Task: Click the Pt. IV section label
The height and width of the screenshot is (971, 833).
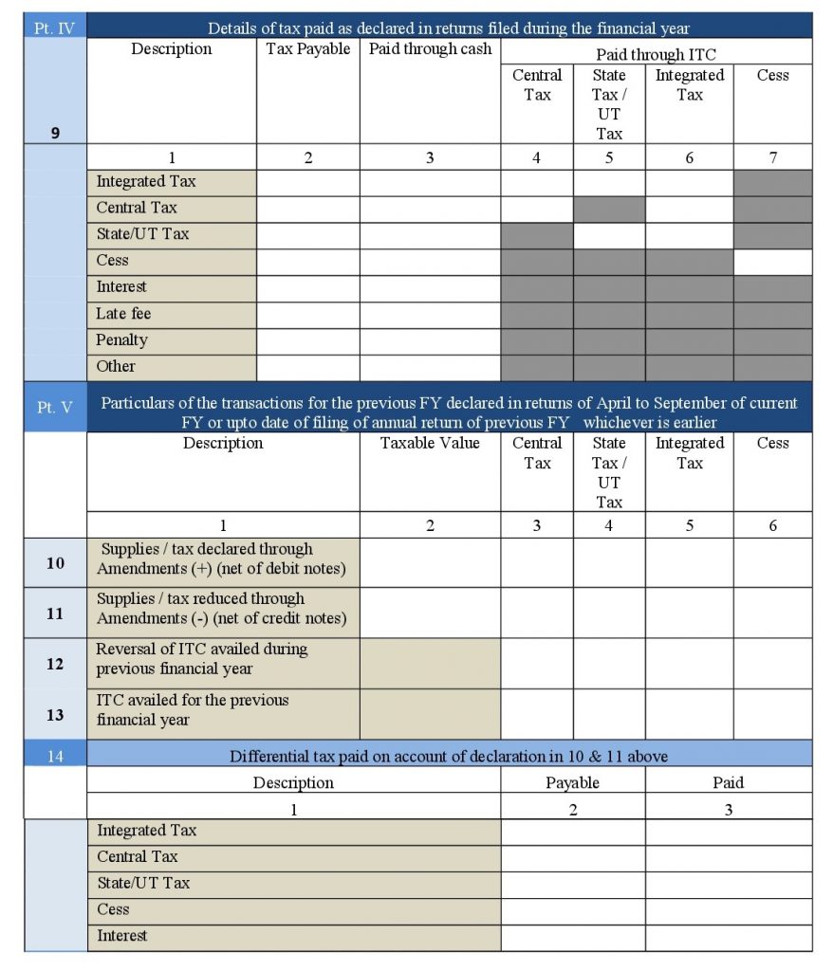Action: (55, 27)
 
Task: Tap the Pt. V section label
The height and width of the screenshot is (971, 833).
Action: (55, 407)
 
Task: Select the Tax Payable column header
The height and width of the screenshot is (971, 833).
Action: (308, 49)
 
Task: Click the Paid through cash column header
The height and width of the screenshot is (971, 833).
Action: (429, 49)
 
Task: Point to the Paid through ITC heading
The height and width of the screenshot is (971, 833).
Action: (656, 55)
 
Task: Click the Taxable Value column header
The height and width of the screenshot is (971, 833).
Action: (430, 443)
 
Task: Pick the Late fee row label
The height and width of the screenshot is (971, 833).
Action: (123, 313)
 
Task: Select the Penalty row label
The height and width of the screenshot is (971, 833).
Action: (122, 339)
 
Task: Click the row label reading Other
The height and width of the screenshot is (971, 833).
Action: (116, 366)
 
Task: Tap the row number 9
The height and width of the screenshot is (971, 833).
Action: (55, 133)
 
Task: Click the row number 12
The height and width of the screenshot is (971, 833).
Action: (55, 664)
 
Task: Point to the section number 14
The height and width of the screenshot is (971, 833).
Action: (55, 756)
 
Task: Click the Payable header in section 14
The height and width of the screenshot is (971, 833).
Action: (572, 782)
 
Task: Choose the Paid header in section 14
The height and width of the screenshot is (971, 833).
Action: (728, 782)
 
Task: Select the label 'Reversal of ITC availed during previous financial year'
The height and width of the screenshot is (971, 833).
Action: (201, 659)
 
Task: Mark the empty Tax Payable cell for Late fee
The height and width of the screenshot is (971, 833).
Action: (308, 314)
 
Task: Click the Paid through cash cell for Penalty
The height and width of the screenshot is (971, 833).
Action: (430, 340)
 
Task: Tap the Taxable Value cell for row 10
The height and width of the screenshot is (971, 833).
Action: (430, 563)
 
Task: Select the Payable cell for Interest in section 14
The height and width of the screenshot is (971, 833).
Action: (572, 937)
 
